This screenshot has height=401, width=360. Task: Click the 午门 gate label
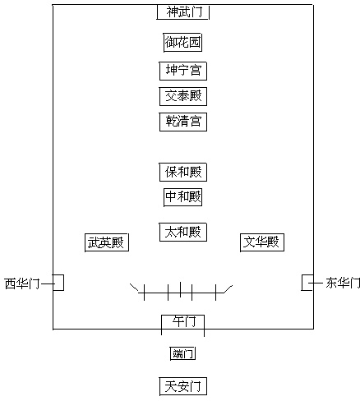(x=184, y=321)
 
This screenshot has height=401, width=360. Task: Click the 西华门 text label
(x=22, y=283)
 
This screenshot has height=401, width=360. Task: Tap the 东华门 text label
(x=343, y=283)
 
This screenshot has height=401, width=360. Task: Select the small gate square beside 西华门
(x=63, y=283)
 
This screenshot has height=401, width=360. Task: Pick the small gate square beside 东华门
(x=302, y=283)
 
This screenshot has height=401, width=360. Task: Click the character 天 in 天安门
(x=171, y=386)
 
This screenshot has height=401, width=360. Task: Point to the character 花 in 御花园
(x=182, y=43)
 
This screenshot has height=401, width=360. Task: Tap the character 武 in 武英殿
(x=94, y=242)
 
